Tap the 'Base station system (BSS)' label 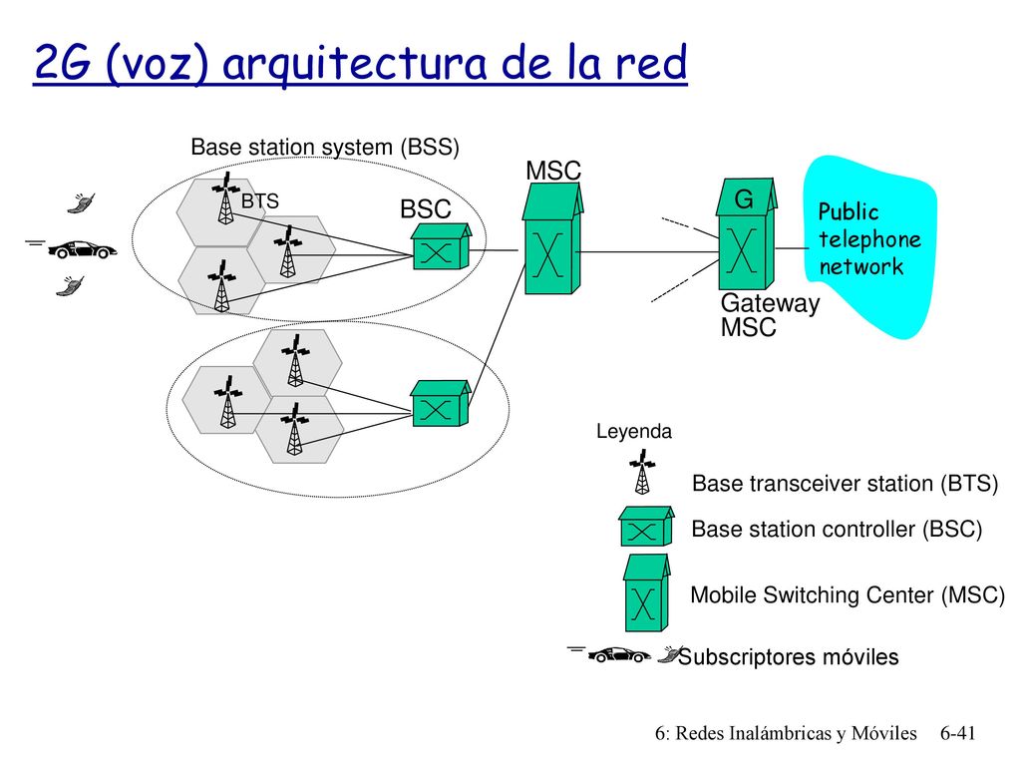pyautogui.click(x=325, y=148)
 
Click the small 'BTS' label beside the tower pyautogui.click(x=260, y=201)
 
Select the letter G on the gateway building pyautogui.click(x=744, y=198)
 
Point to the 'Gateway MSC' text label pyautogui.click(x=771, y=314)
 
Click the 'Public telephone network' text pyautogui.click(x=869, y=239)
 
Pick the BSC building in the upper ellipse pyautogui.click(x=441, y=246)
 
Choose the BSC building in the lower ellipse pyautogui.click(x=441, y=404)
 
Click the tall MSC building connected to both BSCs pyautogui.click(x=552, y=238)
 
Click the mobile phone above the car pyautogui.click(x=82, y=202)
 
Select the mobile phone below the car pyautogui.click(x=70, y=286)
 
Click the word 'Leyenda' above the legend pyautogui.click(x=633, y=431)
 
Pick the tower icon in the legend pyautogui.click(x=642, y=472)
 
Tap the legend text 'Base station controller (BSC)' pyautogui.click(x=837, y=529)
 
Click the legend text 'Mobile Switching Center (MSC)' pyautogui.click(x=848, y=594)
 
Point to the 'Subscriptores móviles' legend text pyautogui.click(x=789, y=656)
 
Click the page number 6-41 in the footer pyautogui.click(x=958, y=733)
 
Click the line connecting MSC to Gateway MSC pyautogui.click(x=648, y=252)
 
